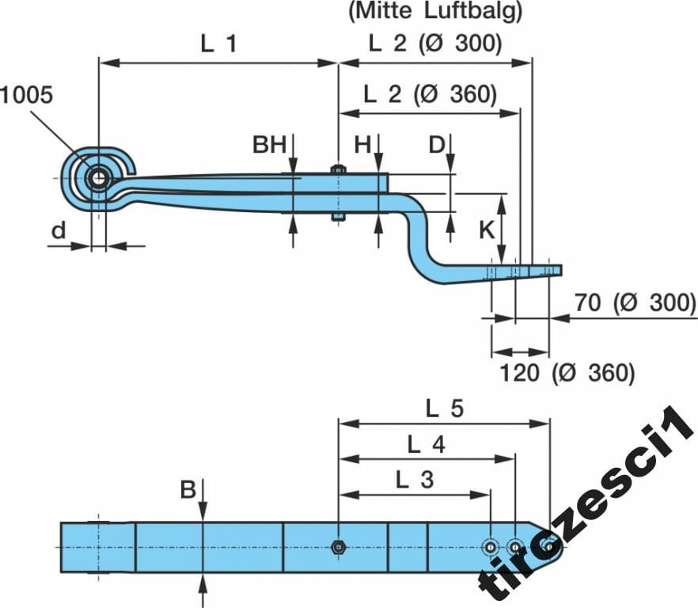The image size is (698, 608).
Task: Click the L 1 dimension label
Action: [x=218, y=44]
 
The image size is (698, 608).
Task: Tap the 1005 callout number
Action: [x=26, y=95]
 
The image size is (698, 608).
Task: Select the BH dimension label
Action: [x=269, y=145]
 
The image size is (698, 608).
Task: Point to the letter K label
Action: [x=487, y=230]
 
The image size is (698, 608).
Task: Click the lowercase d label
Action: [x=58, y=230]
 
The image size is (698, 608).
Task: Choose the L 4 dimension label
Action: [x=426, y=445]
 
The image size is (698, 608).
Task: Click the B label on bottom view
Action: [x=188, y=491]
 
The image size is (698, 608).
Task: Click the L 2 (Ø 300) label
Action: [x=435, y=44]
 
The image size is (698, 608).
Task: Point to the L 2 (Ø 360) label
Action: [x=430, y=94]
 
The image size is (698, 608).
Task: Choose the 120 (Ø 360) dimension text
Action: [x=567, y=372]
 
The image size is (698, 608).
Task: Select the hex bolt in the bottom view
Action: [x=338, y=546]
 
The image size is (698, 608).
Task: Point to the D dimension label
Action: [x=437, y=145]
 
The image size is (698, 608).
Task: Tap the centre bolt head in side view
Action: [x=338, y=169]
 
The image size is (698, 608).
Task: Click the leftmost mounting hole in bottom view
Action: [x=491, y=545]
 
